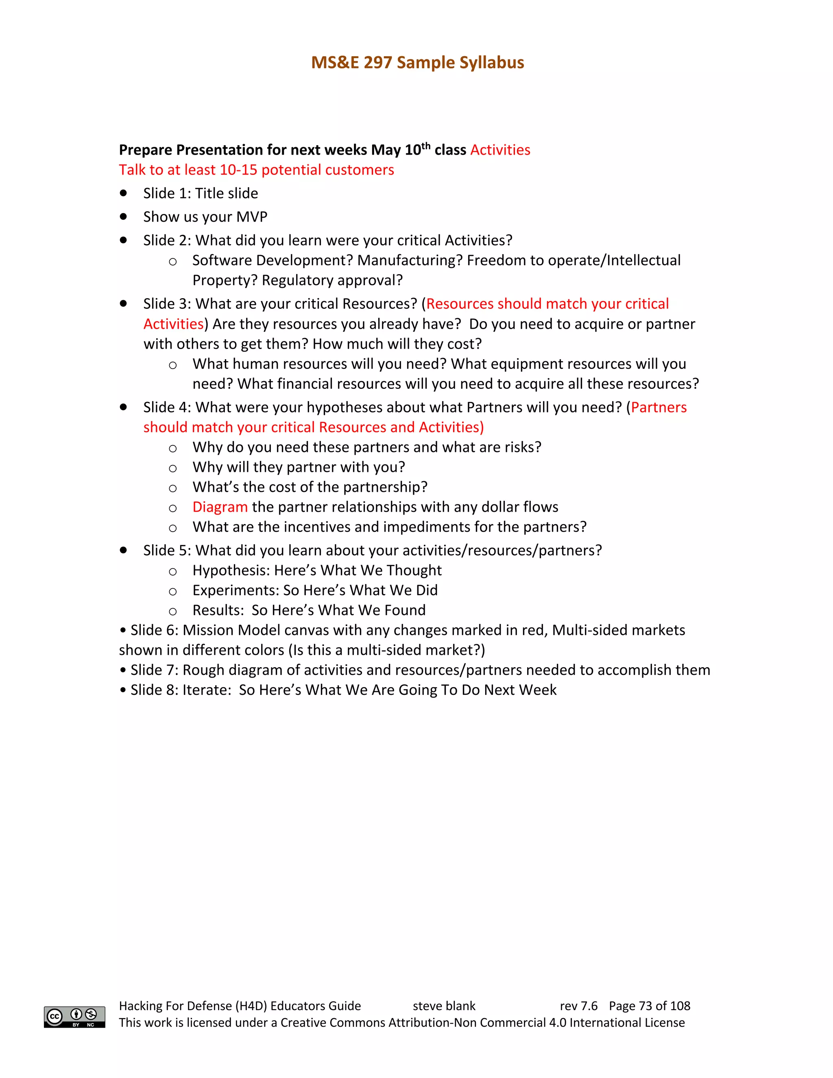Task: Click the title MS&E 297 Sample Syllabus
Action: pos(417,63)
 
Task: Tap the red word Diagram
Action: pos(220,507)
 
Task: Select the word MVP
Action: pos(252,217)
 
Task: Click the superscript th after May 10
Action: pos(426,146)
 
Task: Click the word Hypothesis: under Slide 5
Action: pos(231,571)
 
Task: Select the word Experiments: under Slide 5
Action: pos(236,590)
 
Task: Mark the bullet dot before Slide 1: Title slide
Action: pos(123,193)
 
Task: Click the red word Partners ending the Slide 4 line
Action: pos(659,407)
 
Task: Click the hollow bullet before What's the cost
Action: pos(173,488)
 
